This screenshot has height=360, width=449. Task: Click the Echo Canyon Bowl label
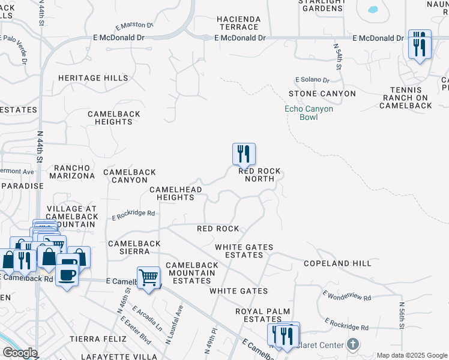point(309,113)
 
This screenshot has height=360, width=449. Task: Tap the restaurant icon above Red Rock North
point(244,154)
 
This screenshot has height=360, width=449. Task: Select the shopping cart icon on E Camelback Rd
point(148,278)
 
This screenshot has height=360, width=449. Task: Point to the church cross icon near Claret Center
point(353,344)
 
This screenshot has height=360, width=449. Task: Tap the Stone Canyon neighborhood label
point(322,94)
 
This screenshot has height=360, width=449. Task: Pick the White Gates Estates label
point(244,251)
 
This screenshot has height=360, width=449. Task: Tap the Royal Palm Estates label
point(263,316)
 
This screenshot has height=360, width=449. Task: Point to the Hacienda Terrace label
point(239,23)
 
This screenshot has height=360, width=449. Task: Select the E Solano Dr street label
point(312,80)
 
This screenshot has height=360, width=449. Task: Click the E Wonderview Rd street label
point(347,296)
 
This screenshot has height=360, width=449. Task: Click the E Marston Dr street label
point(134,26)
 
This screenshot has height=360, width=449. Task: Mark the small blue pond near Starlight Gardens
point(373,10)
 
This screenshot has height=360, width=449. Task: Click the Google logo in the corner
point(19,353)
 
